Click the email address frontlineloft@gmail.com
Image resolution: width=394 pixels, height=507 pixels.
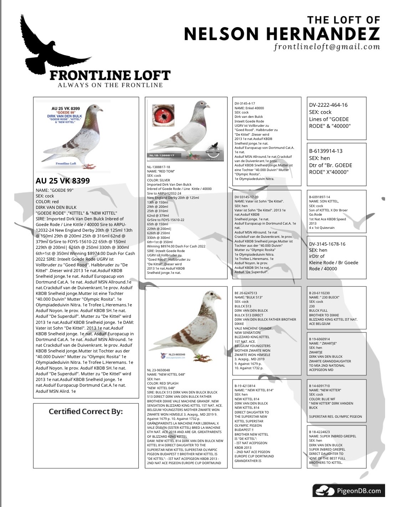coord(327,47)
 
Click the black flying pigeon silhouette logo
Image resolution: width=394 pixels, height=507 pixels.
coord(46,46)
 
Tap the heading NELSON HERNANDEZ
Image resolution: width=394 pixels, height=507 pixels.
coord(282,34)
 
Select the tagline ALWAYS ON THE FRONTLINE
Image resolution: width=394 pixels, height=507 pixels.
coord(110,85)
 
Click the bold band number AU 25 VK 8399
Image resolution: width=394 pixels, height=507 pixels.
coord(63,181)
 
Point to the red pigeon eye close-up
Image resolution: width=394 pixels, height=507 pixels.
coord(164,115)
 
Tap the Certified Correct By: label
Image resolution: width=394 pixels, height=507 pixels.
coord(86,411)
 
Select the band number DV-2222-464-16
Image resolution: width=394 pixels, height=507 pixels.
coord(328,105)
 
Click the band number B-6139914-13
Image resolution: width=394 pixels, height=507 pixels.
coord(326,151)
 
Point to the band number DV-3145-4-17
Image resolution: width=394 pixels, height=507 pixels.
coord(245,104)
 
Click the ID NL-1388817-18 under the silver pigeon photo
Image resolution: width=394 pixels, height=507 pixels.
coord(159,167)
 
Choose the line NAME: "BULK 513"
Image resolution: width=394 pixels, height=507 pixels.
coord(249,297)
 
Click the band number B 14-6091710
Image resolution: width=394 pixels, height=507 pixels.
coord(319,386)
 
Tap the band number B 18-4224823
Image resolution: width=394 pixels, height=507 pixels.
coord(319,432)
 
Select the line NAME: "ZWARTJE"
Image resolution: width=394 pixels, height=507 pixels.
coord(323,343)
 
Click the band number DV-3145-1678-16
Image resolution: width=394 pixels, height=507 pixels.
coord(327,244)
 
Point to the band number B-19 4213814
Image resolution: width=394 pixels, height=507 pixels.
coord(245,386)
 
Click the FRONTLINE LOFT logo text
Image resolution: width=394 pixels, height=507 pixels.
coord(110,75)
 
